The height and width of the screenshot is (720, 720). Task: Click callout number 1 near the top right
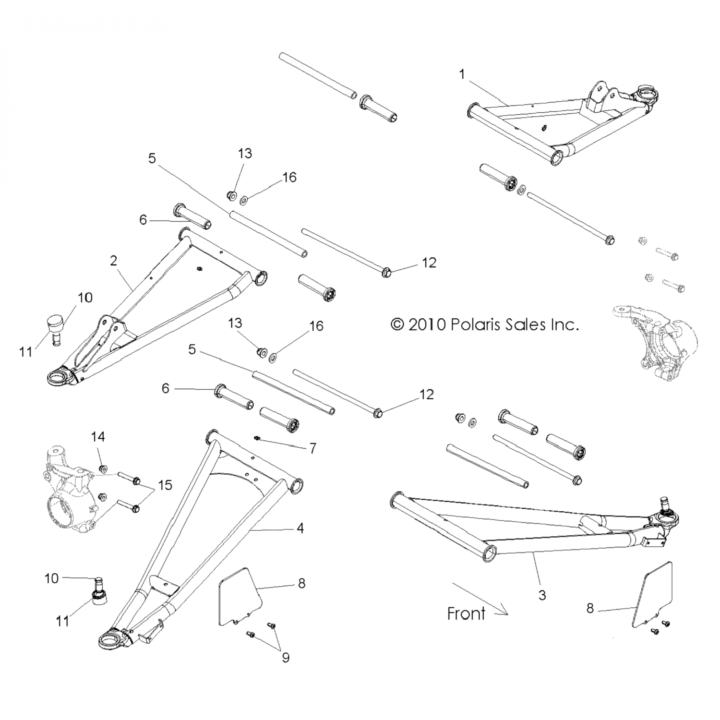pyautogui.click(x=462, y=74)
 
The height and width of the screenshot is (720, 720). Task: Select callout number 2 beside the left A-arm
pyautogui.click(x=113, y=261)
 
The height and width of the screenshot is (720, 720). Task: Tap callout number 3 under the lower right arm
pyautogui.click(x=542, y=595)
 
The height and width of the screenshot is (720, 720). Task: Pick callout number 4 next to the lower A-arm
pyautogui.click(x=300, y=528)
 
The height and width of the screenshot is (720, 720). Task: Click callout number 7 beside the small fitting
pyautogui.click(x=313, y=448)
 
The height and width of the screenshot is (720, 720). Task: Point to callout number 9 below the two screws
pyautogui.click(x=286, y=657)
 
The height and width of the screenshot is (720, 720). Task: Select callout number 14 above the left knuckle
pyautogui.click(x=98, y=437)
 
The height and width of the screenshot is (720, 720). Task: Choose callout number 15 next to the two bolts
pyautogui.click(x=165, y=485)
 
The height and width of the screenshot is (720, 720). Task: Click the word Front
pyautogui.click(x=466, y=613)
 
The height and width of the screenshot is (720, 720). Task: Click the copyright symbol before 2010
pyautogui.click(x=397, y=325)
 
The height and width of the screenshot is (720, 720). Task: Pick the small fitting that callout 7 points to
pyautogui.click(x=257, y=438)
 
